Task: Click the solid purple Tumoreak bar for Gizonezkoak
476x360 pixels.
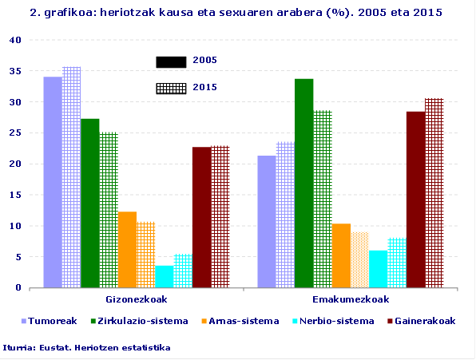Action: point(53,182)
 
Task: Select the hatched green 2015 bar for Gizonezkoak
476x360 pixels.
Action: point(109,210)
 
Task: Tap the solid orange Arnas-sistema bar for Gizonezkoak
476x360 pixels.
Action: point(127,249)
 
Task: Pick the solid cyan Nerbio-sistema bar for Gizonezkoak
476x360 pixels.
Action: point(165,276)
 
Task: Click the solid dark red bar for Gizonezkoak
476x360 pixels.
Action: point(202,217)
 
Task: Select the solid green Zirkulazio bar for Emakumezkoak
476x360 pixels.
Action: point(303,183)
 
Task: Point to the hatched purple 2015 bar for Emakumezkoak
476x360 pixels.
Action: point(285,215)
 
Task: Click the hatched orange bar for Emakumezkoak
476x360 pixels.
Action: point(359,259)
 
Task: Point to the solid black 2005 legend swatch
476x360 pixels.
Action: point(171,62)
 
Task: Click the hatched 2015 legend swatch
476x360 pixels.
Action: point(171,88)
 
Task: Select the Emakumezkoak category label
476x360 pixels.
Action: point(350,299)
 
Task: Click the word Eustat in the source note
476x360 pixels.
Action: point(51,347)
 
